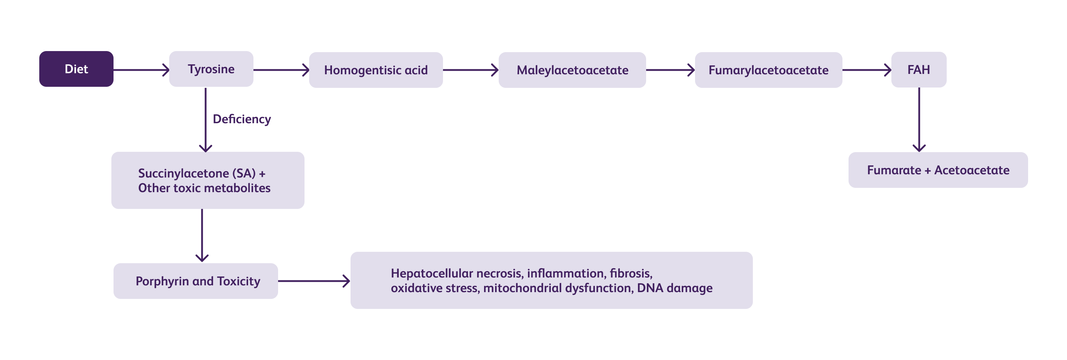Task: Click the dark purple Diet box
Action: click(76, 69)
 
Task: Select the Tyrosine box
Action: click(211, 69)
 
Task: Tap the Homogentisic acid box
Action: click(376, 70)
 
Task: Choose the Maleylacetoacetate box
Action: click(572, 70)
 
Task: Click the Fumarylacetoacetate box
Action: click(768, 70)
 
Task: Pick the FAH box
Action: click(919, 70)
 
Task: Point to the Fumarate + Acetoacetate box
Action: click(938, 170)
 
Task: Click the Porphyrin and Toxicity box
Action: click(196, 281)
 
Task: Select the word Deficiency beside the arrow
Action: click(242, 119)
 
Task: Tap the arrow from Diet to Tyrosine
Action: click(141, 70)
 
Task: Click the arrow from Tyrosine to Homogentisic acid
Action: click(281, 70)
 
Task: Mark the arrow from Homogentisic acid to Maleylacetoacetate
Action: click(470, 70)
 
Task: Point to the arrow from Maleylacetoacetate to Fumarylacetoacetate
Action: click(670, 70)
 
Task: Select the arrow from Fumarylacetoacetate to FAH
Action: click(866, 70)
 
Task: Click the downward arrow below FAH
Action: click(919, 120)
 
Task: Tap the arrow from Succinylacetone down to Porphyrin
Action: click(202, 235)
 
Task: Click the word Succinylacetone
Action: click(183, 174)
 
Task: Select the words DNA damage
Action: click(675, 288)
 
